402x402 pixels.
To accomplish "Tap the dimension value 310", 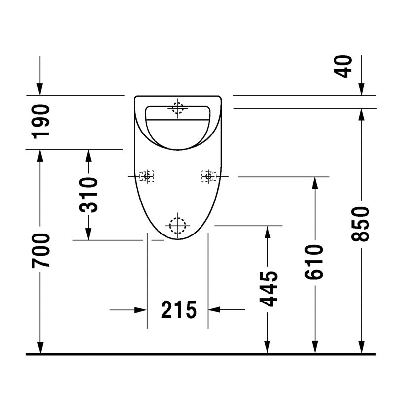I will [x=89, y=195].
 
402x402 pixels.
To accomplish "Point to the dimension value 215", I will [x=178, y=310].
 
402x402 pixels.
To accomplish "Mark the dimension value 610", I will [x=315, y=261].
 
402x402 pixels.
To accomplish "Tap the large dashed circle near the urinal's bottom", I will [x=178, y=226].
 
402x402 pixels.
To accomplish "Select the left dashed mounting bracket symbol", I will [x=146, y=176].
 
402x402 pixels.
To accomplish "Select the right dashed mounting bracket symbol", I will [x=209, y=176].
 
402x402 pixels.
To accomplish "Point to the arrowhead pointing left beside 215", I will [x=214, y=310].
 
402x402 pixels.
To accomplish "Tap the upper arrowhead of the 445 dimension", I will [x=268, y=232].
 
